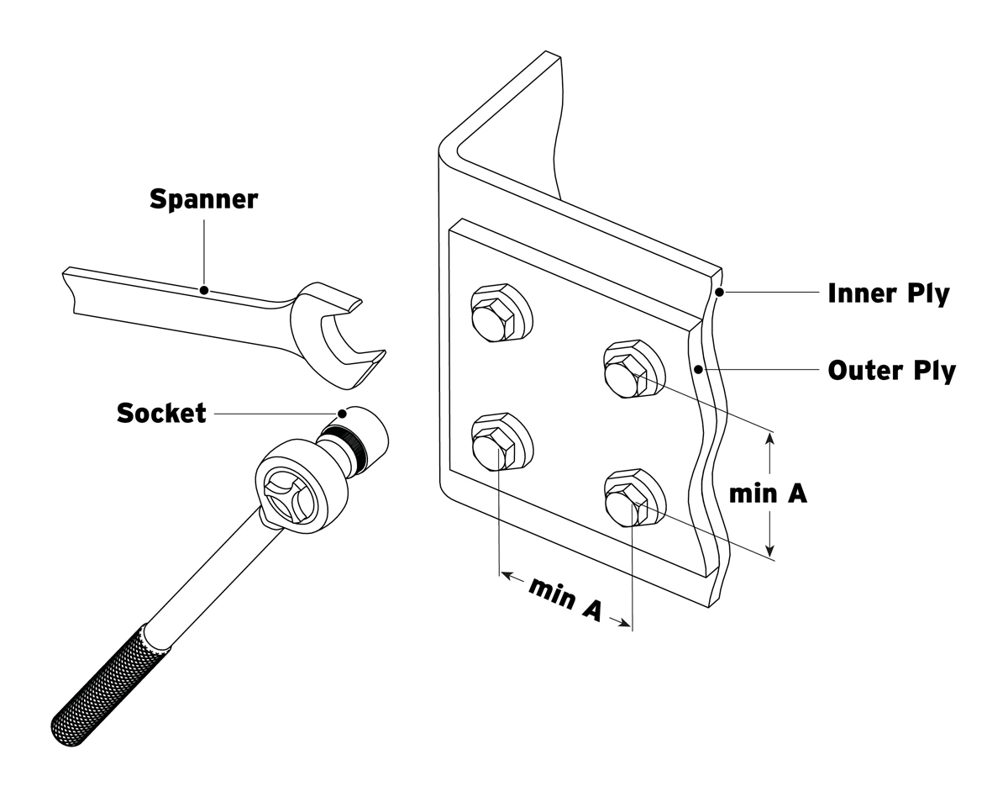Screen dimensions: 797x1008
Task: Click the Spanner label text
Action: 203,200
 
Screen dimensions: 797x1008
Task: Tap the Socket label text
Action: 161,414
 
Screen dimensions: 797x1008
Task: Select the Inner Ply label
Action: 889,293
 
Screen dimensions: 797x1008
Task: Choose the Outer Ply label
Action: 891,370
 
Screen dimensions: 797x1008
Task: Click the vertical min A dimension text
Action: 768,494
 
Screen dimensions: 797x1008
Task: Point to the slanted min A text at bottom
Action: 564,599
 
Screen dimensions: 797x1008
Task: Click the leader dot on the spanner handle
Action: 203,290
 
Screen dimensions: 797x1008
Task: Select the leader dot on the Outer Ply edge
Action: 697,369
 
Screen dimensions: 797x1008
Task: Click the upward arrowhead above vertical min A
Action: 770,438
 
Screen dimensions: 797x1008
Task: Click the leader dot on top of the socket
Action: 342,413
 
